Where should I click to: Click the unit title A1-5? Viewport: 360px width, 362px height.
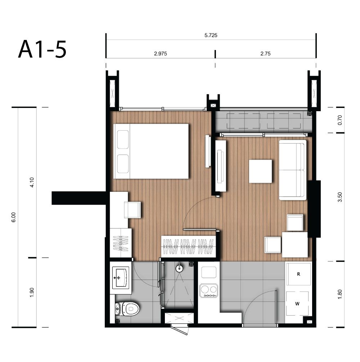coord(42,49)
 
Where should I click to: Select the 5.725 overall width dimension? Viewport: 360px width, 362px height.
coord(211,35)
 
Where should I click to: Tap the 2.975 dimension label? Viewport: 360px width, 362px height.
coord(161,54)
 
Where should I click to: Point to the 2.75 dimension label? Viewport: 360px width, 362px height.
coord(265,54)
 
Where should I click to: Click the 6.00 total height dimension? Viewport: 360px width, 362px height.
coord(13,217)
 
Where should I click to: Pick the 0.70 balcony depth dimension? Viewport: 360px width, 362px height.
coord(340,120)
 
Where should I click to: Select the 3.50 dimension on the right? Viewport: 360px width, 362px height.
coord(340,197)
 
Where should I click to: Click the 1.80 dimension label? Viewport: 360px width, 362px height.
coord(340,294)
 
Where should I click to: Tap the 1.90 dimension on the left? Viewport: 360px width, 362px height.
coord(32,292)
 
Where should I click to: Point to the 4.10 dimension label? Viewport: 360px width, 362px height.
coord(32,182)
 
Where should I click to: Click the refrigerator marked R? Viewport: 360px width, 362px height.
coord(298,274)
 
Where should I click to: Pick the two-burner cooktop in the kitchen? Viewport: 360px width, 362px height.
coord(208,290)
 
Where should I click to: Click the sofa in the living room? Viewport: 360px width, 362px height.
coord(293,170)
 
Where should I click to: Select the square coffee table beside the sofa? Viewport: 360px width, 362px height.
coord(260,171)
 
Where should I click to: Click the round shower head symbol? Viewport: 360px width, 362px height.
coord(179,268)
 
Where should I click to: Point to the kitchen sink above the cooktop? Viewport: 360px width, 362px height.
coord(209,272)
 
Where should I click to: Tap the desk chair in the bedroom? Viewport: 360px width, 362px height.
coord(132,210)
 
